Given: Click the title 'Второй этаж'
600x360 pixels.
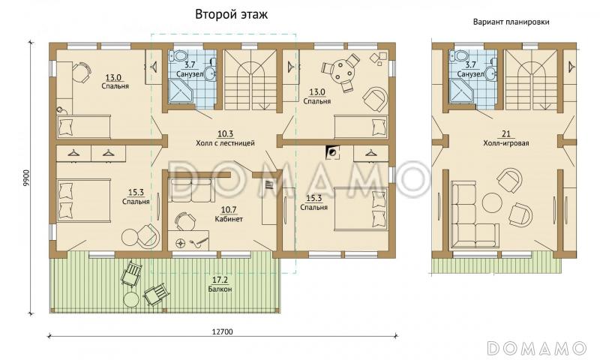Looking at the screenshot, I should point(231,13).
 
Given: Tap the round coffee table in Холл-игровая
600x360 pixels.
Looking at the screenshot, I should point(493,203).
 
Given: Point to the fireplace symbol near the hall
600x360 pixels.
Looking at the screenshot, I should point(331,152).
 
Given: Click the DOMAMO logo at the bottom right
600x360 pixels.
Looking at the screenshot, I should point(536,347).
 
